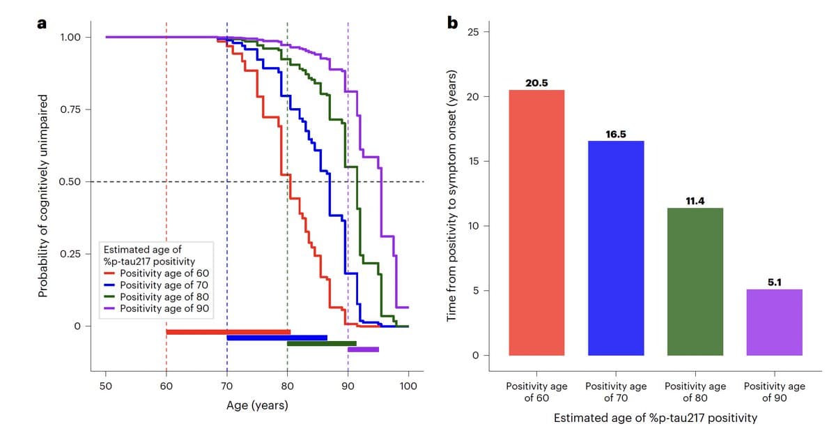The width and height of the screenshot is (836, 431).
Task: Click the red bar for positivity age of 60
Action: click(x=536, y=223)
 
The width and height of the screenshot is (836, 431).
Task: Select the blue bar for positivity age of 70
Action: click(x=616, y=248)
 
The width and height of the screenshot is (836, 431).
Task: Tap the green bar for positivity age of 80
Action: click(x=695, y=282)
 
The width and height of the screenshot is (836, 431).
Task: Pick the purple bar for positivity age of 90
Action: click(x=774, y=322)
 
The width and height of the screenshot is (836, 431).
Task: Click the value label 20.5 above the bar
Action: click(x=536, y=83)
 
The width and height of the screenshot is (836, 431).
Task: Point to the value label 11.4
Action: click(x=695, y=201)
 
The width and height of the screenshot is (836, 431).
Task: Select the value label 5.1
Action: click(x=774, y=282)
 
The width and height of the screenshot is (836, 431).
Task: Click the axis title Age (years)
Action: click(x=257, y=405)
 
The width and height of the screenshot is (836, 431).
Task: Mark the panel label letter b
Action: click(x=453, y=24)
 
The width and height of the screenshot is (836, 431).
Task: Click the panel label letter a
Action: click(x=42, y=24)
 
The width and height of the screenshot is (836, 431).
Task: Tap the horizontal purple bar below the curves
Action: click(x=363, y=349)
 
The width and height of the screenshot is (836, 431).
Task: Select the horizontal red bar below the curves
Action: click(x=228, y=332)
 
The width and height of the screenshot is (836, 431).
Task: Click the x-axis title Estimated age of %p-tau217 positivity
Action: click(x=655, y=418)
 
